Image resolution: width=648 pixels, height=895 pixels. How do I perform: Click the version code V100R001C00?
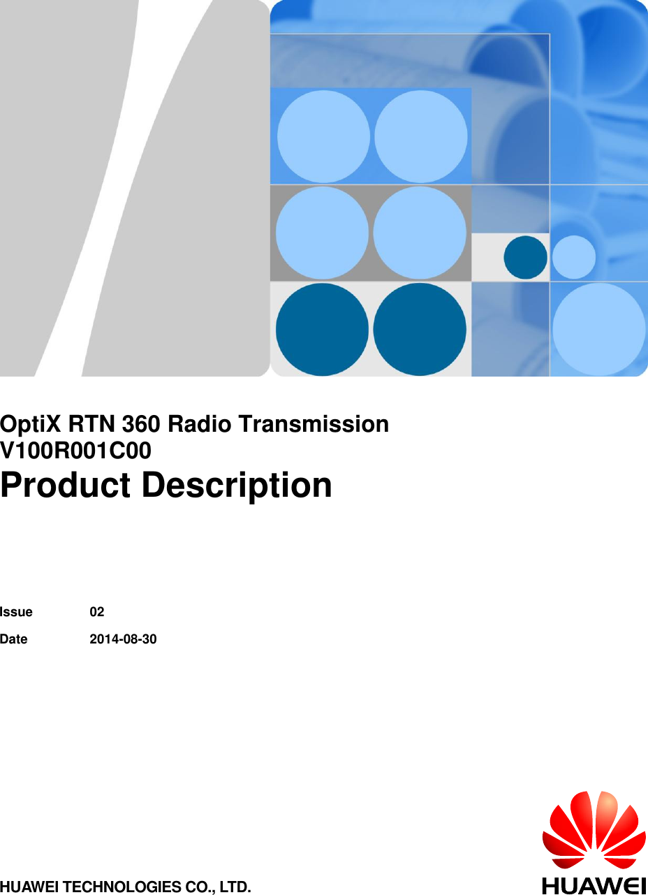click(75, 451)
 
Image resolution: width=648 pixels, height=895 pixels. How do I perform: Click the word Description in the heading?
click(237, 485)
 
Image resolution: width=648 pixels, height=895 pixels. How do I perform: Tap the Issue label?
click(16, 612)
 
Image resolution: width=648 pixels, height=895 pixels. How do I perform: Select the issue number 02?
click(97, 612)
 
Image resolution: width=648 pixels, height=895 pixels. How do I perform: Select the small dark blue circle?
click(525, 257)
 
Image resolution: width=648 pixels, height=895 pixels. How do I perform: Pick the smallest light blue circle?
click(573, 257)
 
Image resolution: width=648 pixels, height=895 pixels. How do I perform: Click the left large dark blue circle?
click(322, 330)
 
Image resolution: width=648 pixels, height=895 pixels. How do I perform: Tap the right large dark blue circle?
click(420, 330)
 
